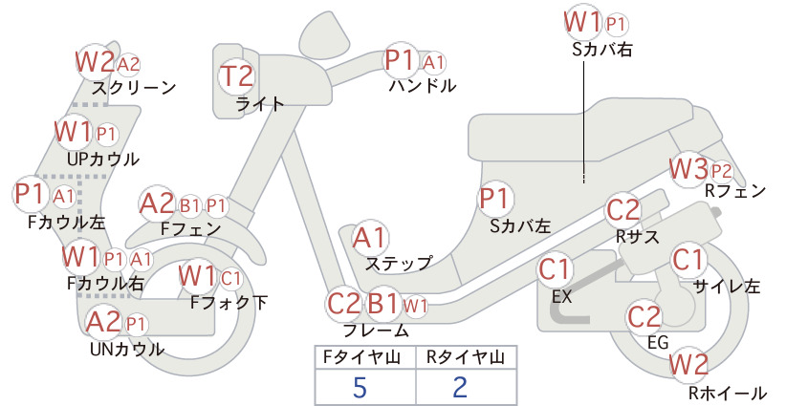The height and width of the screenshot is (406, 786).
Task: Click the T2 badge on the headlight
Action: [x=237, y=76]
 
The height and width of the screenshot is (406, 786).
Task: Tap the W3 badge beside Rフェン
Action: [x=688, y=169]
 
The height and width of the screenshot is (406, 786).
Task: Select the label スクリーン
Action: [x=134, y=88]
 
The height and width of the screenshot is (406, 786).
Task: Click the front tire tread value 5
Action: [x=360, y=387]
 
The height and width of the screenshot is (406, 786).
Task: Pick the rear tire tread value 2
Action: [x=460, y=387]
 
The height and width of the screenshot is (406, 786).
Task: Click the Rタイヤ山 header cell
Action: [x=466, y=357]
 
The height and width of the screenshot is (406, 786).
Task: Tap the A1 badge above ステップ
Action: [x=369, y=238]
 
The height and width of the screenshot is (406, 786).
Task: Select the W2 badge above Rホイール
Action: [x=688, y=364]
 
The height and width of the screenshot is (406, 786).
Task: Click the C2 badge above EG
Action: [x=644, y=316]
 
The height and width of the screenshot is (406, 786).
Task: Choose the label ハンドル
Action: [x=423, y=86]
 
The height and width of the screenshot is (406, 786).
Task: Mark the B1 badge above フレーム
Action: [x=384, y=304]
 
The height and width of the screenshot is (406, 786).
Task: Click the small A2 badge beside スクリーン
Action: [x=128, y=64]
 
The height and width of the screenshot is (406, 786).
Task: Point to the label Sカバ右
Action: [x=602, y=49]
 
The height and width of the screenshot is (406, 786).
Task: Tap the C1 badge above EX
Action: [x=555, y=269]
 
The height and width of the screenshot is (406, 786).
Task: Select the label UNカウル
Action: [x=127, y=349]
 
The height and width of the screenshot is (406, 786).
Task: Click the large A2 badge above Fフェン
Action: [x=157, y=204]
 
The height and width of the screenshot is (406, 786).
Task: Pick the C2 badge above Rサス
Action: [x=623, y=210]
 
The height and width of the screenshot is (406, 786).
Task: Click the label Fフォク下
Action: [x=229, y=302]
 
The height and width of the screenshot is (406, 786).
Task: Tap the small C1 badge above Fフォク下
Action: [x=230, y=278]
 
